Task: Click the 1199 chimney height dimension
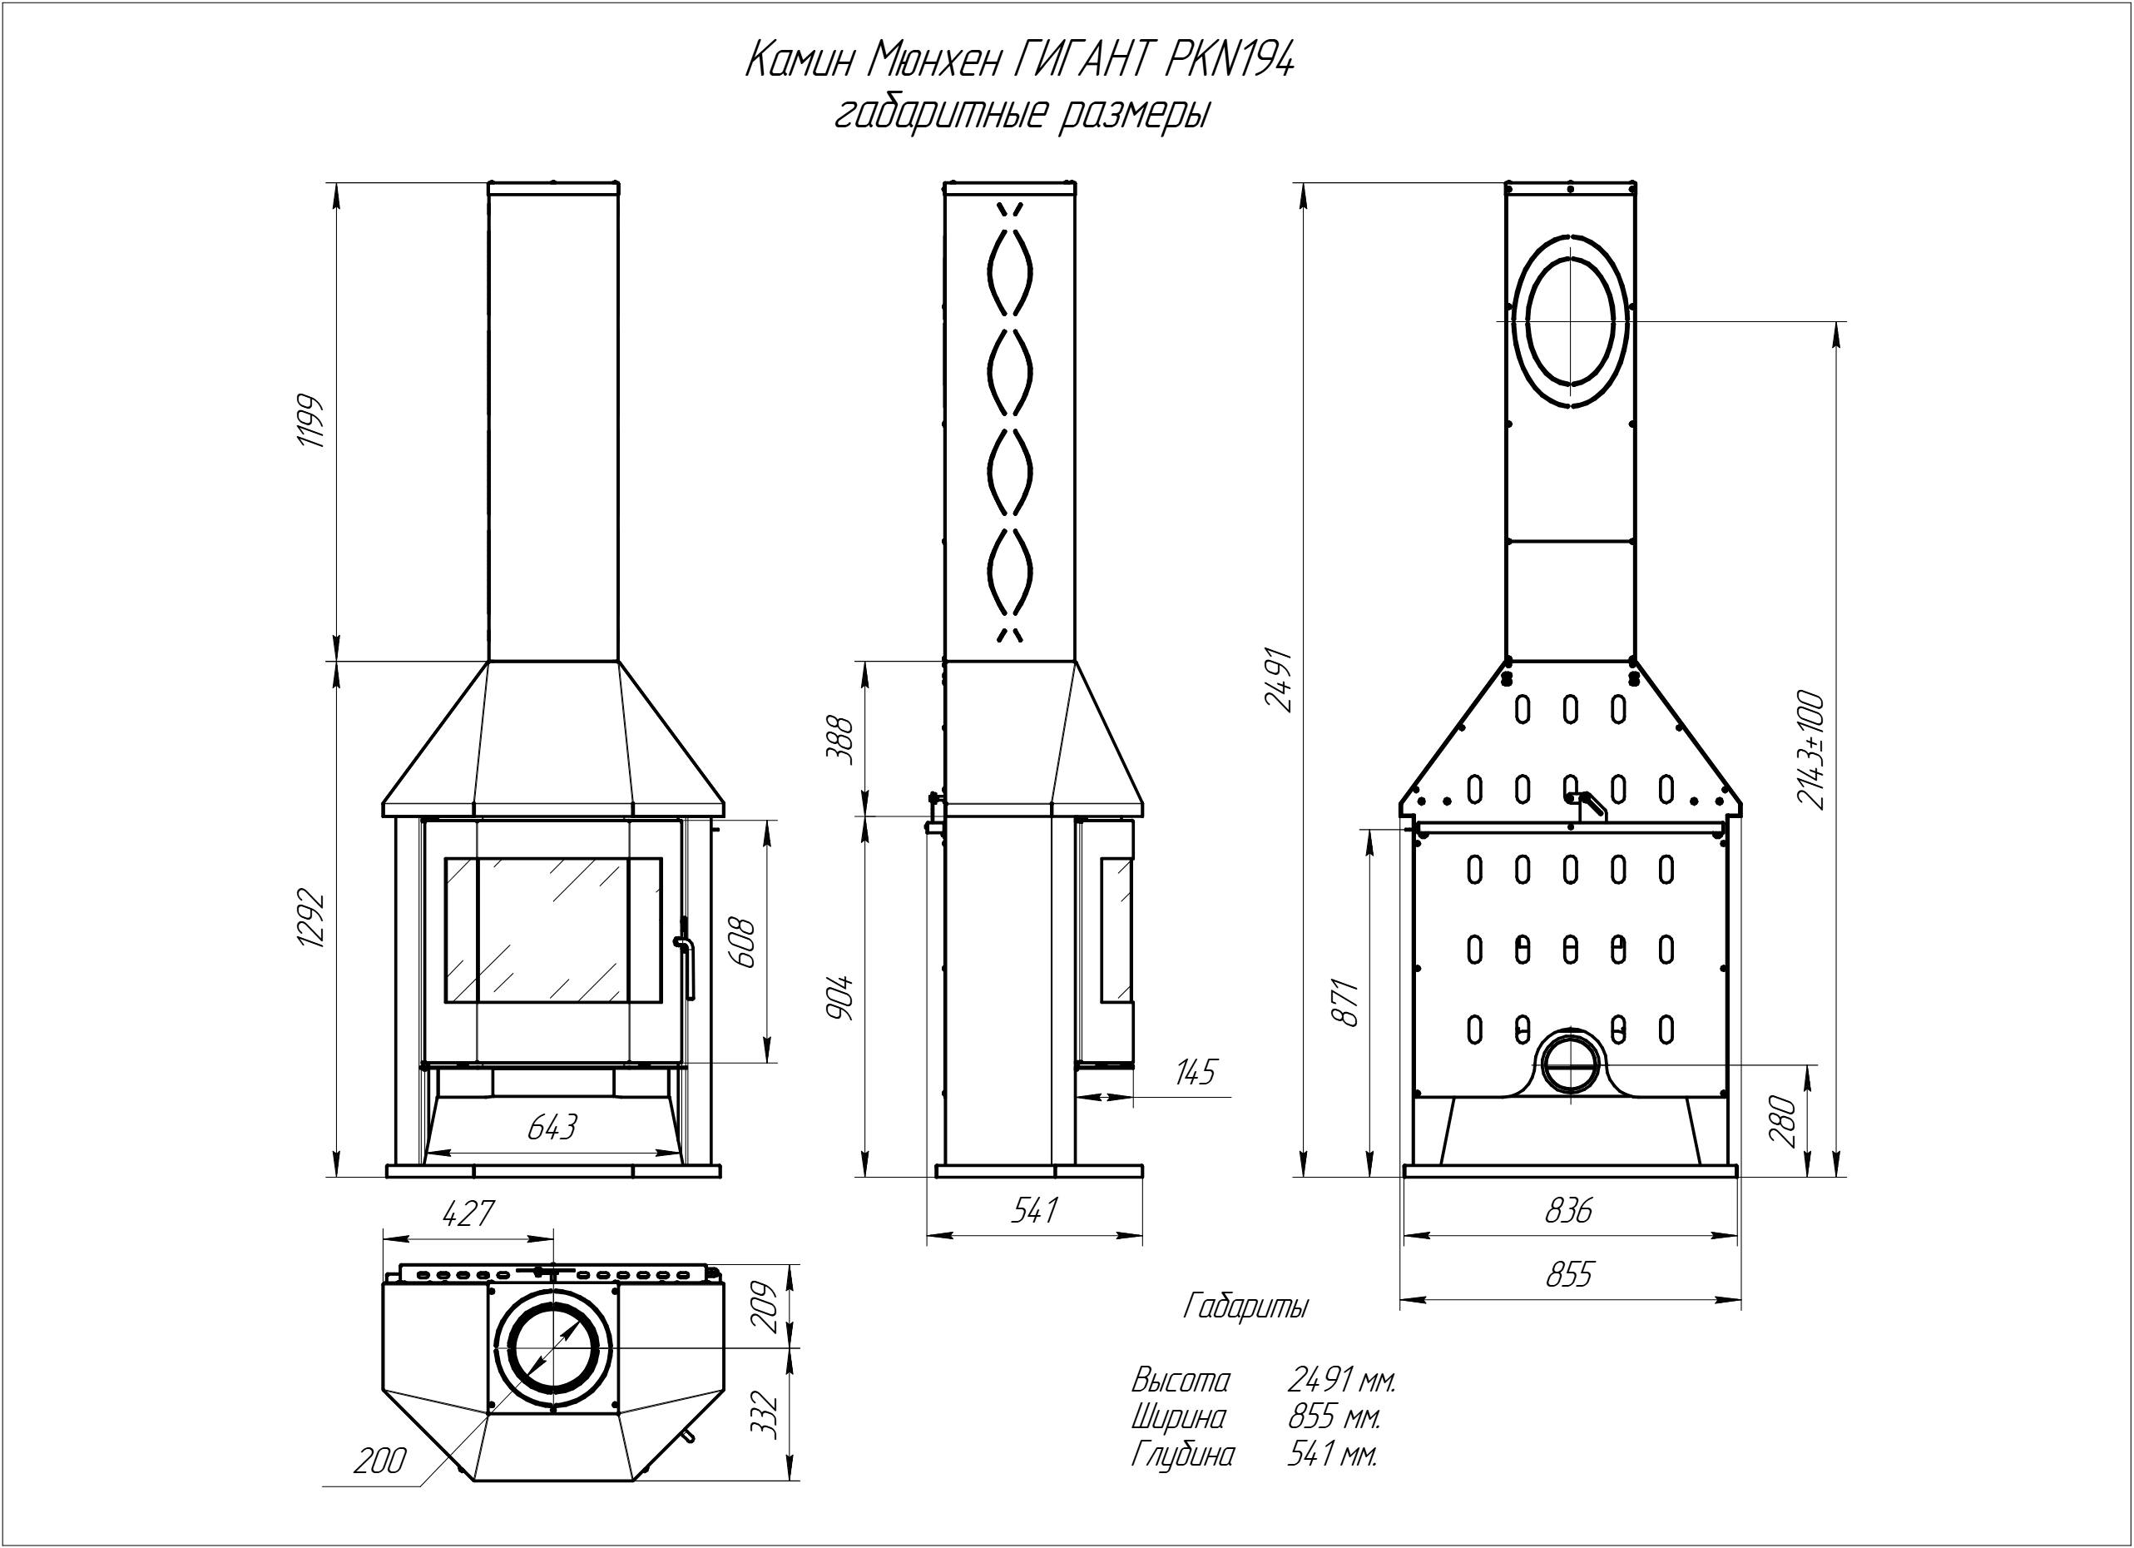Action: tap(310, 420)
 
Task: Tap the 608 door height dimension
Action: tap(742, 941)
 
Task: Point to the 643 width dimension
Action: tap(552, 1126)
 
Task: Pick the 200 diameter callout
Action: tap(380, 1461)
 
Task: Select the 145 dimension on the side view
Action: tap(1195, 1072)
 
